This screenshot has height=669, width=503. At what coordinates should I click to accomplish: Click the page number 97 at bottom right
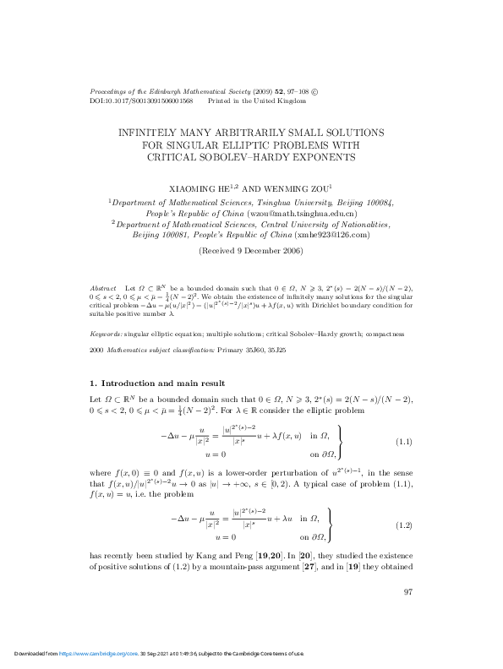(407, 591)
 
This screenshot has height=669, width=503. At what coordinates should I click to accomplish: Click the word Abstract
(102, 289)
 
